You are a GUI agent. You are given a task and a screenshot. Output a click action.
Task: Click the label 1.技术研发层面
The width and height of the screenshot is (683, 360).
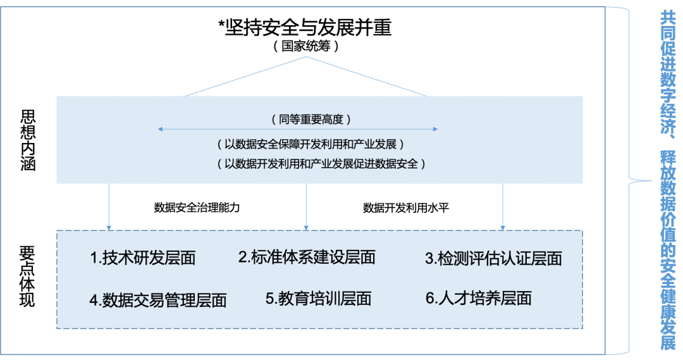pos(143,258)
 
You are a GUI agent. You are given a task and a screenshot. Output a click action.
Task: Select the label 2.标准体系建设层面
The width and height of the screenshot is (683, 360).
pos(307,257)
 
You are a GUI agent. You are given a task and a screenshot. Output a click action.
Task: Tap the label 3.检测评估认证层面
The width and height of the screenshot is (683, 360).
pos(493,259)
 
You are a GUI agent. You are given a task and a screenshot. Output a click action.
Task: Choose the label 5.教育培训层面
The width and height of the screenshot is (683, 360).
pos(318,299)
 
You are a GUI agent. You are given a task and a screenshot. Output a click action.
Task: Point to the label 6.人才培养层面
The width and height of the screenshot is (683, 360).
pos(479,299)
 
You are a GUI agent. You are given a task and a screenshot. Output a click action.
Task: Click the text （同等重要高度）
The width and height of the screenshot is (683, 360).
pos(306,119)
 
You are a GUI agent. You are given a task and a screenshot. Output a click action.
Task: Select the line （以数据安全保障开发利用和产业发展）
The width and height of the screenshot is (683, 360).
pos(306,145)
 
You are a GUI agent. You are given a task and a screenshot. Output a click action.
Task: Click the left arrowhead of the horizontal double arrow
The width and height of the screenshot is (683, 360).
pos(159,129)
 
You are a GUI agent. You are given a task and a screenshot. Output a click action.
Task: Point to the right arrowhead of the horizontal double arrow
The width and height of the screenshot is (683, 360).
pos(436,129)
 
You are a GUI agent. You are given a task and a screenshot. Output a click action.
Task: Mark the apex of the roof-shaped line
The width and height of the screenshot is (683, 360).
pos(307,57)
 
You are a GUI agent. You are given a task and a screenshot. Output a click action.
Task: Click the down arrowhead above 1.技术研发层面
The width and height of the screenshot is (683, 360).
pos(109,227)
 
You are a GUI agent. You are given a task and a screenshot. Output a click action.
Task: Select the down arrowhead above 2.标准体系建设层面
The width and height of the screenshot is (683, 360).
pos(307,227)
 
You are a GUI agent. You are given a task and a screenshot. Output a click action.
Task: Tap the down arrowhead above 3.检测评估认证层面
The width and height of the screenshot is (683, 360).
pos(503,227)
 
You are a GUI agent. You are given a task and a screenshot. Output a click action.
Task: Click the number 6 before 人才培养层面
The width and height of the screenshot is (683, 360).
pos(429,299)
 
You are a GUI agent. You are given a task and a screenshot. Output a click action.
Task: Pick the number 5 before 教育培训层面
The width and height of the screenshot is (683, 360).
pos(269,299)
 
